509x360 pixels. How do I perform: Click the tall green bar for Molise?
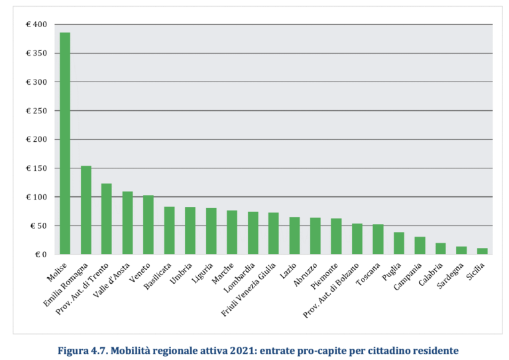click(65, 143)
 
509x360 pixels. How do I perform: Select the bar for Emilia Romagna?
click(86, 210)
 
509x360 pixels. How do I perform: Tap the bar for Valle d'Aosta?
click(127, 223)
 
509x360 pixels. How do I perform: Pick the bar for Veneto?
click(148, 225)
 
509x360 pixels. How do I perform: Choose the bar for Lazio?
click(294, 236)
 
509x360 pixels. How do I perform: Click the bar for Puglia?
click(399, 243)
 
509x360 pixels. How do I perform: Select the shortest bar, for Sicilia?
click(482, 251)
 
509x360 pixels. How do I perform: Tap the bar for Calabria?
click(441, 249)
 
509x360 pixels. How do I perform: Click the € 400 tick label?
click(36, 25)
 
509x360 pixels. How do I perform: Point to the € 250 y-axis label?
click(36, 111)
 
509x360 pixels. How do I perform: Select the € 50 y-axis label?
click(38, 226)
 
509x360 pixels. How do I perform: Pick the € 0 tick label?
click(41, 255)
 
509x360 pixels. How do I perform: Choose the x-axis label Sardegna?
click(455, 277)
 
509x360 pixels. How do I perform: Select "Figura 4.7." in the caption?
click(78, 349)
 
